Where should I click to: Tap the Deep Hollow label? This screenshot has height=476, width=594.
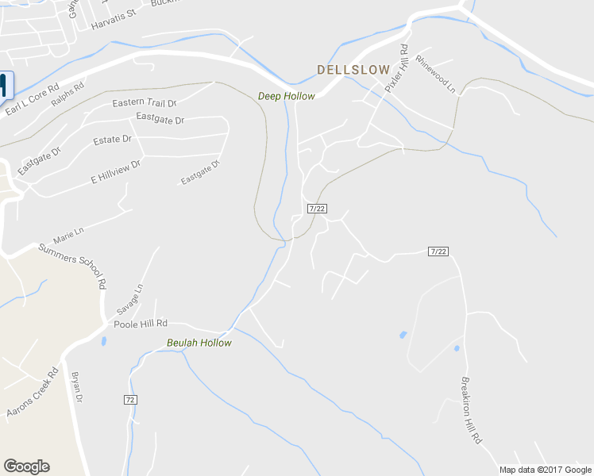click(x=286, y=96)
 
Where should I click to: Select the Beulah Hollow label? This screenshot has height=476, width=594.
click(x=199, y=343)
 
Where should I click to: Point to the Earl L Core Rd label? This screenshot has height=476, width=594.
click(x=32, y=98)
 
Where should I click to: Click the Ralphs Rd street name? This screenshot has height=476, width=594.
click(x=67, y=97)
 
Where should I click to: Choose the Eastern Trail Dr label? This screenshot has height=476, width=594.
click(x=144, y=103)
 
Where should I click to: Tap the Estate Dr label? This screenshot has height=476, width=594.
click(x=112, y=140)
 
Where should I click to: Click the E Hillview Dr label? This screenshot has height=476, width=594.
click(x=115, y=171)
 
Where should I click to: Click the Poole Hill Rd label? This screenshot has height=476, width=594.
click(x=141, y=324)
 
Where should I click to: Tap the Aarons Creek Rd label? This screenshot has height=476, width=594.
click(x=32, y=393)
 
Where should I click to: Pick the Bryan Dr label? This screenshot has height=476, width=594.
click(x=77, y=387)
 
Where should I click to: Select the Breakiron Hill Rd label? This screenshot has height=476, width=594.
click(x=472, y=409)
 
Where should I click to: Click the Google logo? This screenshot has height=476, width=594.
click(x=26, y=466)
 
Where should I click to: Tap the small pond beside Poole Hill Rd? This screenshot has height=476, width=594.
click(x=104, y=341)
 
